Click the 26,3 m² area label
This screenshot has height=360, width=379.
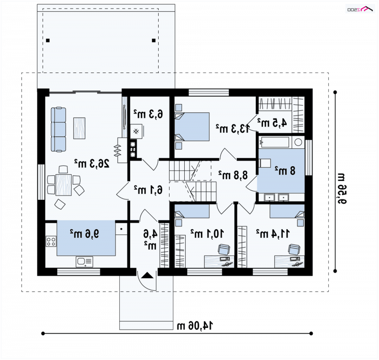[91, 163]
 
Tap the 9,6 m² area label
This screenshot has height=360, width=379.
[84, 234]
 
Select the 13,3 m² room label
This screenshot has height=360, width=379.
[232, 128]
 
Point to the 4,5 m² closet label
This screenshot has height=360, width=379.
[271, 123]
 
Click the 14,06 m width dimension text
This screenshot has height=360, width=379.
[195, 325]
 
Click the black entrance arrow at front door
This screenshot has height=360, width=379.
[147, 275]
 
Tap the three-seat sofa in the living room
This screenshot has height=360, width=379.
[58, 129]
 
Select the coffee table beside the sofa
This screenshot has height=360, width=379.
[79, 128]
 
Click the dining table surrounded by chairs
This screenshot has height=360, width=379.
[63, 185]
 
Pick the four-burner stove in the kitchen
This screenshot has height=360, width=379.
[51, 242]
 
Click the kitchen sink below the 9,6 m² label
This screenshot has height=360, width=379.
[84, 261]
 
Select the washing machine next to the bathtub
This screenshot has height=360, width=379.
[298, 142]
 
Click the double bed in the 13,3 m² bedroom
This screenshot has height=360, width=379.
[192, 126]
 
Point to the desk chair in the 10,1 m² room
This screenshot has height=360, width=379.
[224, 249]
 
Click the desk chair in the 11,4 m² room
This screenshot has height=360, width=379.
[294, 249]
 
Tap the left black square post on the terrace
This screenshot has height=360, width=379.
[48, 40]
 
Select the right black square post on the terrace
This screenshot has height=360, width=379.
[153, 40]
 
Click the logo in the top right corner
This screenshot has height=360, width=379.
[361, 9]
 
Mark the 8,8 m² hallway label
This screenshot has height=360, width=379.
[233, 175]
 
